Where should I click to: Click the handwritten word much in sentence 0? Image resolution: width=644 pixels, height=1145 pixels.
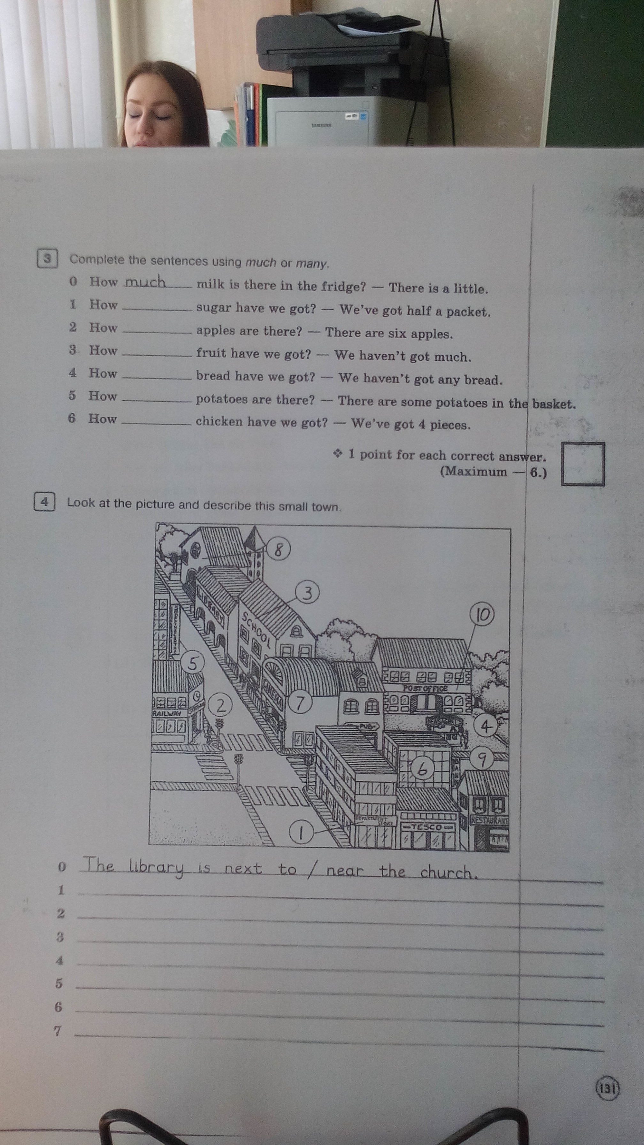pos(145,282)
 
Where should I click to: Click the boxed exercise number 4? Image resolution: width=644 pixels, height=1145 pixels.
pos(44,502)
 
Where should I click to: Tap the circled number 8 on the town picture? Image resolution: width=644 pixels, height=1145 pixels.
pos(278,550)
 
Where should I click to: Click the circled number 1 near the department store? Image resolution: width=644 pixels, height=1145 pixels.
pos(301,832)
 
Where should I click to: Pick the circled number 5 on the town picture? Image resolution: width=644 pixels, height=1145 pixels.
pos(192,664)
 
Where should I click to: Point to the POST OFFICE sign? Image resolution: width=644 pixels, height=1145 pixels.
pos(425,688)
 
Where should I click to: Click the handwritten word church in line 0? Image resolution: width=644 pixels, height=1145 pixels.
pos(448,872)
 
